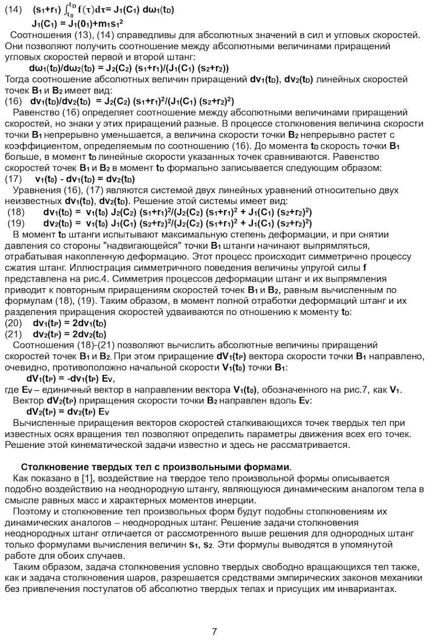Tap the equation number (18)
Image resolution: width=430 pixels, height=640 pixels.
coord(15,212)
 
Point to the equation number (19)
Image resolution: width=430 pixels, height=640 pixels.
coord(15,223)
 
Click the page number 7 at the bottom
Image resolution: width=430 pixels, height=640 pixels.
coord(214,631)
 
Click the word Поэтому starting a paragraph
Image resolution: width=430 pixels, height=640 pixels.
coord(31,512)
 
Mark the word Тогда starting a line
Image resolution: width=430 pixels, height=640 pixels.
coord(16,80)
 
